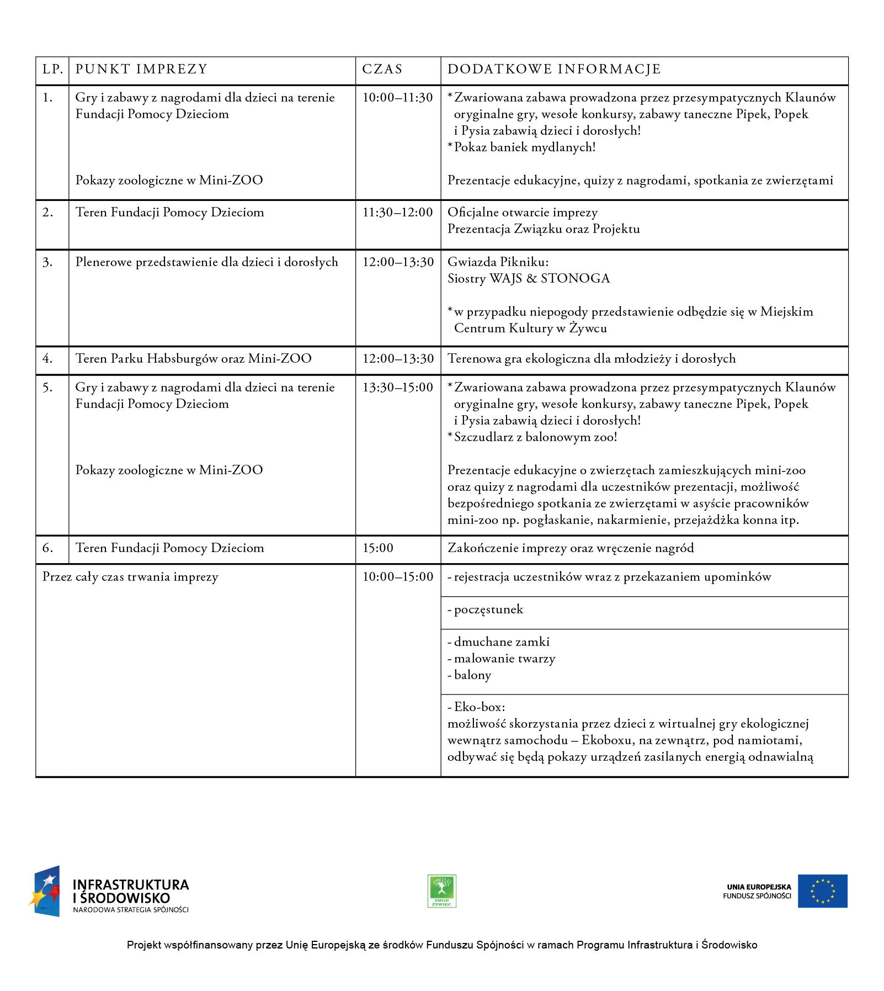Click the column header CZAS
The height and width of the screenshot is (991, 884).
(382, 70)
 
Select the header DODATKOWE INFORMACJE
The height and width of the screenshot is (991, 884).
(554, 70)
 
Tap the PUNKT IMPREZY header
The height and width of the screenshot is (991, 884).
(141, 70)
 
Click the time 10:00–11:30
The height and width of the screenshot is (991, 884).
(397, 98)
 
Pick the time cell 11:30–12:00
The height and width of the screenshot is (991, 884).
(397, 213)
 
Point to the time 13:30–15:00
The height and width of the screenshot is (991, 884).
(397, 388)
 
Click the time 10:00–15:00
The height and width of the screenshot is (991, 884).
(397, 577)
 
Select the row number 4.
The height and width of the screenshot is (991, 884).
(47, 359)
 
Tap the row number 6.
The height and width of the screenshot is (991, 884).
(47, 548)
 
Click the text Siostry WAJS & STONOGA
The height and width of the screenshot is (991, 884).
(529, 279)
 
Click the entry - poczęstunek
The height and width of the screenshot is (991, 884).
(485, 610)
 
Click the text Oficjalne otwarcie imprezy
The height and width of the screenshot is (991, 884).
(523, 213)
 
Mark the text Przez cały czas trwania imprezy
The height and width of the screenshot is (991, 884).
(130, 577)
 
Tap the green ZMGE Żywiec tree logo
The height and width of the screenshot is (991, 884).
(442, 891)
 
